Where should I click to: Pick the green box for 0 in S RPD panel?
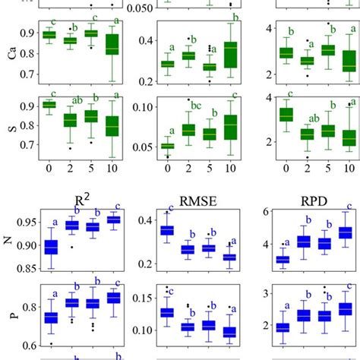coord(286,115)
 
